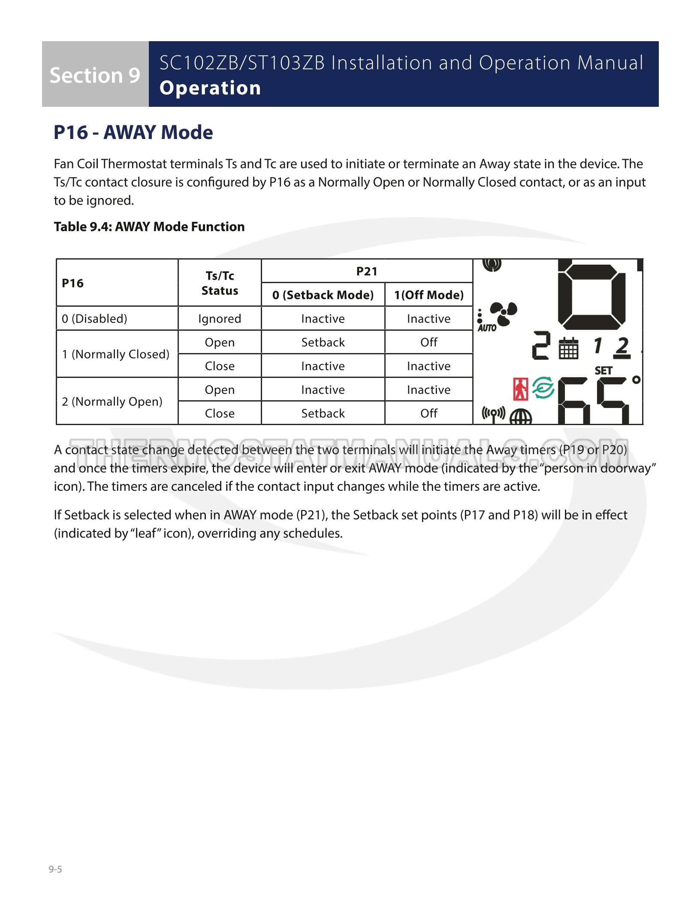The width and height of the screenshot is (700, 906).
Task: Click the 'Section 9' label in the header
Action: pyautogui.click(x=95, y=75)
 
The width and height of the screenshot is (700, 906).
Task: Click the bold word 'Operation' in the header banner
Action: pyautogui.click(x=210, y=88)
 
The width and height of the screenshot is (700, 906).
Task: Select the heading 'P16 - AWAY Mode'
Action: pyautogui.click(x=133, y=132)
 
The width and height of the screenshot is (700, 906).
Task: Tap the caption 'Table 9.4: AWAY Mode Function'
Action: pyautogui.click(x=149, y=226)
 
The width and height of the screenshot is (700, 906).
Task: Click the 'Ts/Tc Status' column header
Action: pyautogui.click(x=220, y=283)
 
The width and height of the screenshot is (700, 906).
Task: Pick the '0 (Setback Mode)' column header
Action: pyautogui.click(x=323, y=295)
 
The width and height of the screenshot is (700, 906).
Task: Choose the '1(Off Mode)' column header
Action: pyautogui.click(x=429, y=295)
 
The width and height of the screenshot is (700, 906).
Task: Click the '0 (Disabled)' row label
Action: pyautogui.click(x=95, y=319)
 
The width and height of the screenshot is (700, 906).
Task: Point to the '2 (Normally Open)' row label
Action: pyautogui.click(x=112, y=402)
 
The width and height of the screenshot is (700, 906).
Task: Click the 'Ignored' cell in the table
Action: pyautogui.click(x=220, y=319)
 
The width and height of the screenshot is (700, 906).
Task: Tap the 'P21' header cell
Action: pyautogui.click(x=367, y=272)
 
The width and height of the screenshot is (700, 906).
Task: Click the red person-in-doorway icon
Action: pyautogui.click(x=521, y=389)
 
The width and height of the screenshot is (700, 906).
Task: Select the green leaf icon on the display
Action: pyautogui.click(x=543, y=388)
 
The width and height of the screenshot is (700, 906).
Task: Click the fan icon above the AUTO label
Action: pyautogui.click(x=504, y=314)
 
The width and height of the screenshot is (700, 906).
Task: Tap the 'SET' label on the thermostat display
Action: pyautogui.click(x=603, y=371)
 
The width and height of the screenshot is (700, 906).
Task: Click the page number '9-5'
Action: pyautogui.click(x=55, y=870)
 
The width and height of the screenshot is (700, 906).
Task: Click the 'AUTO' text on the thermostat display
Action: pyautogui.click(x=487, y=328)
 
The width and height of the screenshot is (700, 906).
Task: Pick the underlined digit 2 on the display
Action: pyautogui.click(x=622, y=347)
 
